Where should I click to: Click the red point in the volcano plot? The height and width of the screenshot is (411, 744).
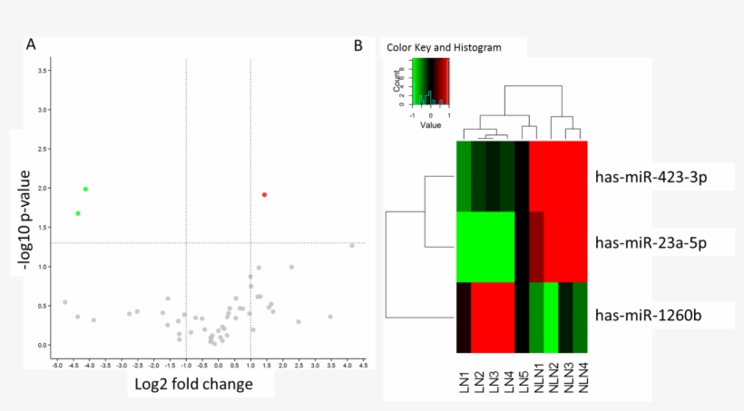pyautogui.click(x=264, y=195)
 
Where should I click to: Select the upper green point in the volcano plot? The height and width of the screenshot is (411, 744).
pyautogui.click(x=85, y=189)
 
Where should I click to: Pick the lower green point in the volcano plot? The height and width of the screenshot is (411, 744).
pyautogui.click(x=78, y=213)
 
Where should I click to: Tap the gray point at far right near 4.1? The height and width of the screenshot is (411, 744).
pyautogui.click(x=352, y=245)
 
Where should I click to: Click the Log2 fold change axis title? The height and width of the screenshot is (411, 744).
pyautogui.click(x=193, y=384)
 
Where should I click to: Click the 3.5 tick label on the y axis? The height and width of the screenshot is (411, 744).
pyautogui.click(x=43, y=70)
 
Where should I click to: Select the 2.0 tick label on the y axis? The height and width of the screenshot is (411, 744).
pyautogui.click(x=43, y=188)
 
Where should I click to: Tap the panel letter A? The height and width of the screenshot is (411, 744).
pyautogui.click(x=32, y=44)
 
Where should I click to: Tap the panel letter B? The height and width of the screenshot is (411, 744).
pyautogui.click(x=358, y=44)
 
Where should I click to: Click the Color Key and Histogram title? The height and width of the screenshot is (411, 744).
pyautogui.click(x=444, y=46)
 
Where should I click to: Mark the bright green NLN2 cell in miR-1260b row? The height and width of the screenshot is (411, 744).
pyautogui.click(x=551, y=318)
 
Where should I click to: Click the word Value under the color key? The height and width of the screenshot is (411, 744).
pyautogui.click(x=431, y=125)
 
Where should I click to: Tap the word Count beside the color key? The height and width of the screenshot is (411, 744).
pyautogui.click(x=397, y=84)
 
